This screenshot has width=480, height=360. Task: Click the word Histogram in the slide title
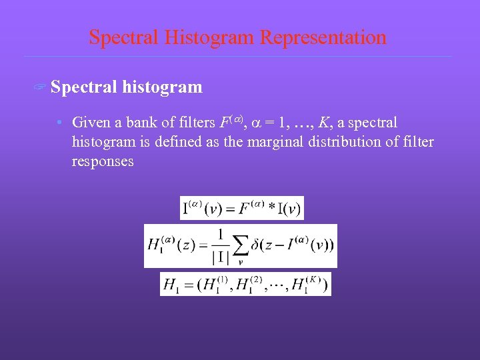click(216, 37)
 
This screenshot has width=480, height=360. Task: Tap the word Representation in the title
click(323, 37)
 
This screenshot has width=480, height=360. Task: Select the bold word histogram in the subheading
click(162, 87)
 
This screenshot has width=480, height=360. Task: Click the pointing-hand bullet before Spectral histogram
click(41, 88)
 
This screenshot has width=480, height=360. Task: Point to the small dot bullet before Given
click(60, 123)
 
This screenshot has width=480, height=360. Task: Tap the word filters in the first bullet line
click(194, 123)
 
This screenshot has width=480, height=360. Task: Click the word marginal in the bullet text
click(278, 142)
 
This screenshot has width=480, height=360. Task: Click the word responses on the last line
click(103, 161)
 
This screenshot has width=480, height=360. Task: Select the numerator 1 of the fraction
click(219, 235)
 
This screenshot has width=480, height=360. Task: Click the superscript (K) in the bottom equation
click(315, 279)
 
